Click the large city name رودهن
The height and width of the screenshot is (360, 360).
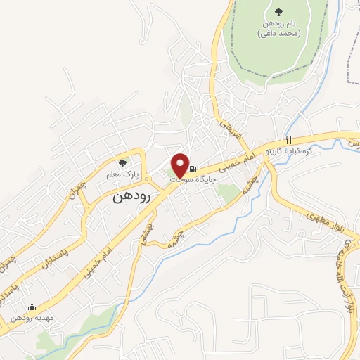(x=131, y=198)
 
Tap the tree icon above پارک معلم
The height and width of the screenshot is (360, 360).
(x=123, y=163)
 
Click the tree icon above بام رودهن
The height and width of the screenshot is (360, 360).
(x=280, y=12)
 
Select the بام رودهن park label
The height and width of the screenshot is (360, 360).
(x=280, y=23)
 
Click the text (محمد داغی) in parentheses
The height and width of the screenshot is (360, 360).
(x=280, y=33)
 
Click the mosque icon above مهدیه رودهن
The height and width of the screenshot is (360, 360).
(x=32, y=307)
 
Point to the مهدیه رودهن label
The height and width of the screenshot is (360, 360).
(x=31, y=317)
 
